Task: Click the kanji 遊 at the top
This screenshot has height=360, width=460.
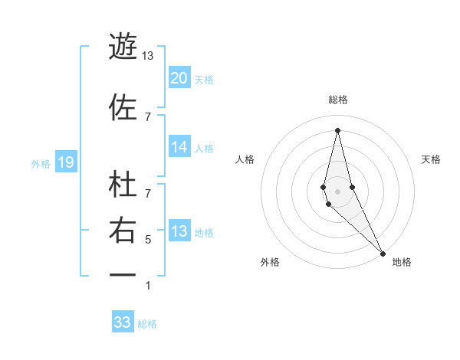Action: coord(123,45)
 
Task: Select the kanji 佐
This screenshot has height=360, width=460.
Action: coord(123,106)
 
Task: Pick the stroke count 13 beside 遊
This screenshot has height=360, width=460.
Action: coord(147,55)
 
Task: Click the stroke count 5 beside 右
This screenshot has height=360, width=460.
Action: coord(147,240)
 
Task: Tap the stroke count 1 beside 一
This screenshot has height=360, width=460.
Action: coord(147,286)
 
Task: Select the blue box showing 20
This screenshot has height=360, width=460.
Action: coord(179,78)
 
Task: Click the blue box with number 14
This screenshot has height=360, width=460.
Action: coord(179,148)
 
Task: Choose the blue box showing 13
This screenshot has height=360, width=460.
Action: coord(179,231)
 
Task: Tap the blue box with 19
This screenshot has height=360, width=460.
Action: coord(65,162)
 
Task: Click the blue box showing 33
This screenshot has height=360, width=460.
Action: coord(123,322)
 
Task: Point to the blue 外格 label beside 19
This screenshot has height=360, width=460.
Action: coord(40,163)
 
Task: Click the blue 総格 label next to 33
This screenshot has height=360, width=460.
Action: coord(148,323)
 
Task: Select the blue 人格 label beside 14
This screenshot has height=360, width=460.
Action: coord(204,149)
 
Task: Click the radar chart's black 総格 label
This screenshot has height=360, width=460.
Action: coord(338,100)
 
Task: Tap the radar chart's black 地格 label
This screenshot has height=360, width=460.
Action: coord(402,262)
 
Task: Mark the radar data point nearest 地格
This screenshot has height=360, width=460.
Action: coord(383,252)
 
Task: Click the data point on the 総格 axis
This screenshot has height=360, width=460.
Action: coord(338,130)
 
